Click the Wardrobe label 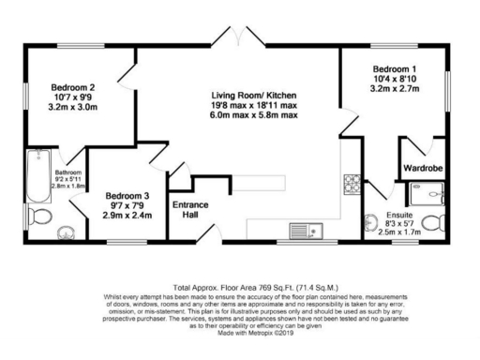pos(422,168)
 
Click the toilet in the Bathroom pos(37,218)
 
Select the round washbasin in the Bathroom pos(67,232)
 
